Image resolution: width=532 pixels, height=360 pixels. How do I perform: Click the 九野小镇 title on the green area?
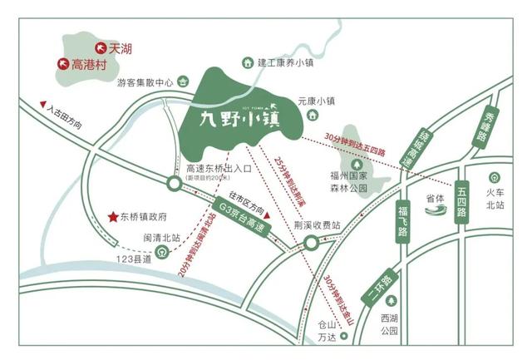coord(238,119)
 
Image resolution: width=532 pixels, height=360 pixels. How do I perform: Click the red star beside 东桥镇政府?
coord(111,218)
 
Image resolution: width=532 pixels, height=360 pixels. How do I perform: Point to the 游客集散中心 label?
coord(145,82)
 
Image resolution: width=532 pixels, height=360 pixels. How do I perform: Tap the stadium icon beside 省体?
coord(437,210)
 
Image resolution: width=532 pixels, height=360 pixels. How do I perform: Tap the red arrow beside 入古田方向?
coord(43,104)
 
